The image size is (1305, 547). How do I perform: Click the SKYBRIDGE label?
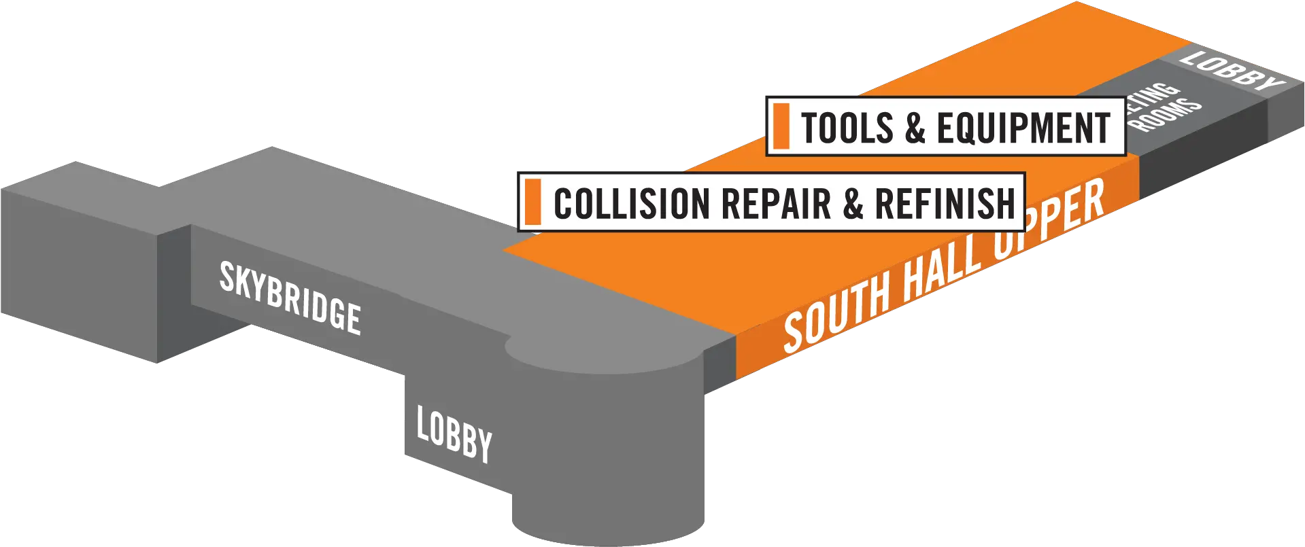point(290,298)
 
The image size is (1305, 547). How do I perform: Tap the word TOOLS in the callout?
point(847,127)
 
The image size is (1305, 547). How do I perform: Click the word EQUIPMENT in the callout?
point(1023,127)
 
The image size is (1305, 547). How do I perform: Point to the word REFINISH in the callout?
point(945,203)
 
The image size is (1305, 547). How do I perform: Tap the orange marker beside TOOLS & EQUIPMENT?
point(781,126)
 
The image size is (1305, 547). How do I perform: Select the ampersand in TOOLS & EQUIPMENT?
point(915,127)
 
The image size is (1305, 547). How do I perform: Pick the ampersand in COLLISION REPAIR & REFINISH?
point(853,203)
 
